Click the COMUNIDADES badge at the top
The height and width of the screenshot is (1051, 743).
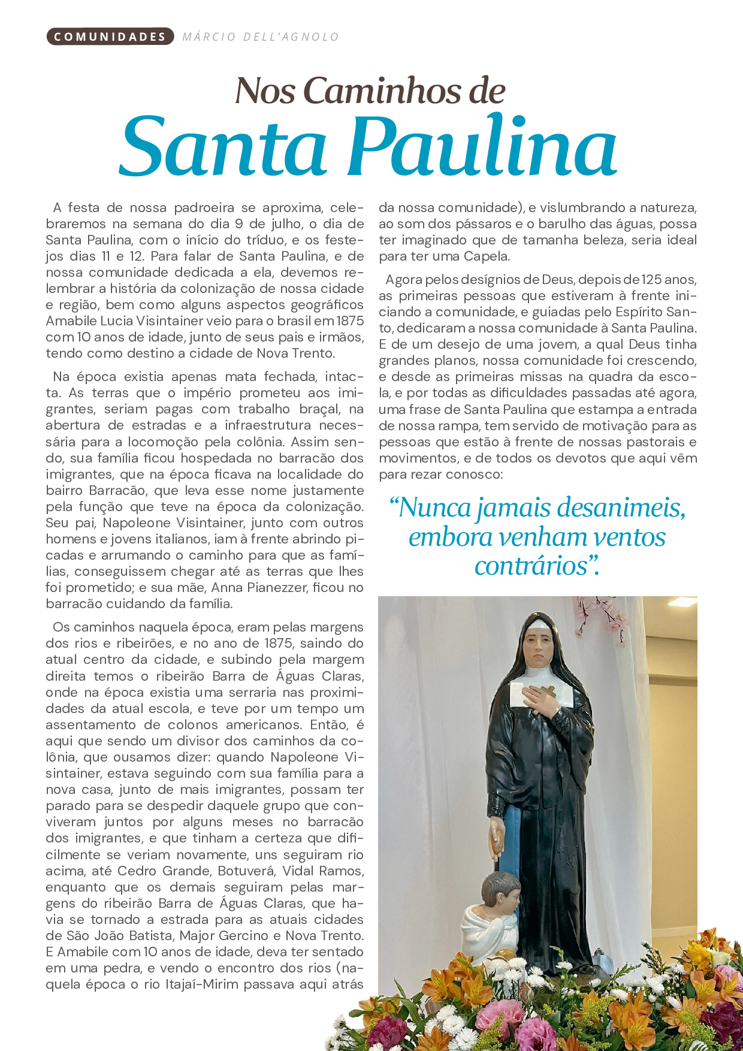pos(110,37)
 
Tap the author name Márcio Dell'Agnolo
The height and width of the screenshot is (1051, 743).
pos(261,37)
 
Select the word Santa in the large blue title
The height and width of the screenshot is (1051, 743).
pos(223,147)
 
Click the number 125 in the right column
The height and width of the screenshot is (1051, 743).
pos(651,280)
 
